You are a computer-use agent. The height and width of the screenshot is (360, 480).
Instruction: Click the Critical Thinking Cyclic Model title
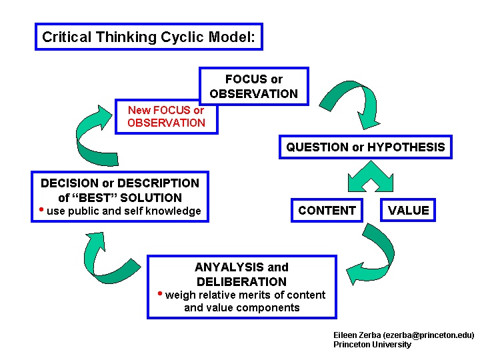pos(148,37)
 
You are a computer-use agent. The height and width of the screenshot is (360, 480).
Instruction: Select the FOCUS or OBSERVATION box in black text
pos(253,87)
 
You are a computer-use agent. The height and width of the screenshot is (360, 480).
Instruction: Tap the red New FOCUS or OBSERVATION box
pos(166,117)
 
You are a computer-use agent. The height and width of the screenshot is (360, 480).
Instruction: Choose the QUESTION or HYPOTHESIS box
pos(365,147)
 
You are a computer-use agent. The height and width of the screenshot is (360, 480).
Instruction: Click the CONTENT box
pos(327,211)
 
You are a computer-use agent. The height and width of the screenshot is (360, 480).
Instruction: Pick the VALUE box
pos(408,211)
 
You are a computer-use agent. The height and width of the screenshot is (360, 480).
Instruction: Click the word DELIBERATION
pos(241,282)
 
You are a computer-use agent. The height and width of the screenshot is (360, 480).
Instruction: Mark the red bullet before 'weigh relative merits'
pos(160,294)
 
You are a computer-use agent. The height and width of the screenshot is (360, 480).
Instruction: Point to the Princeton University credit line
pos(372,345)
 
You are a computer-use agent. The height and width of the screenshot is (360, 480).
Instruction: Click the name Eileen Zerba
pos(353,335)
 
